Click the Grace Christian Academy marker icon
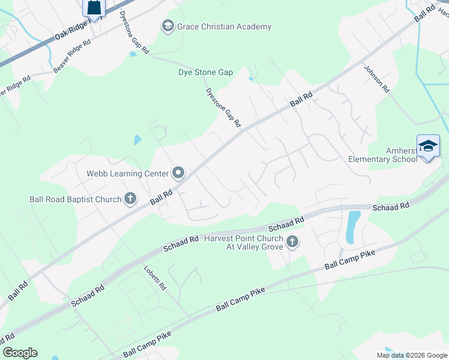167,26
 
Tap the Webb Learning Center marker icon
178,173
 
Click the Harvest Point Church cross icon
292,242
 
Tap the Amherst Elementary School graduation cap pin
429,146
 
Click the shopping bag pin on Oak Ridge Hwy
94,7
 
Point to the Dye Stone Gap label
205,73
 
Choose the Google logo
20,353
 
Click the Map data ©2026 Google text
412,355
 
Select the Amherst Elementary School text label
383,154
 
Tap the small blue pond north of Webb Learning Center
138,140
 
